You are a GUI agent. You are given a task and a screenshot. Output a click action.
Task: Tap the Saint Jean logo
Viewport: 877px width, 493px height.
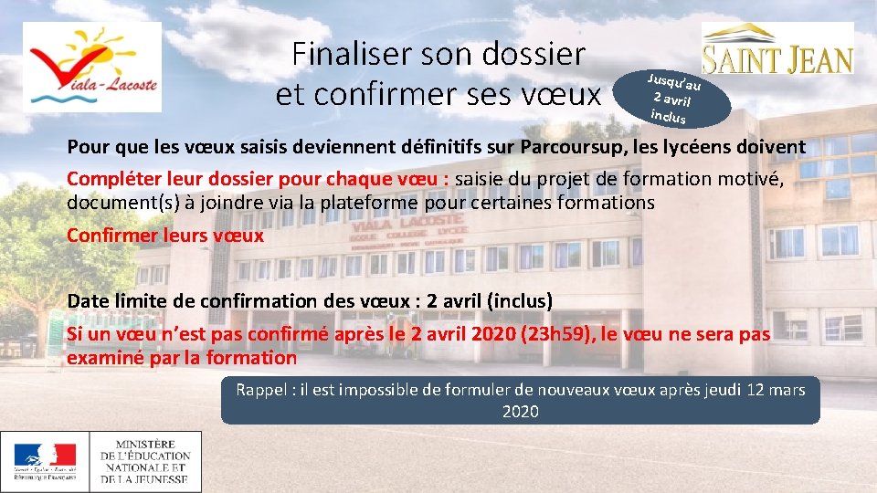[777, 50]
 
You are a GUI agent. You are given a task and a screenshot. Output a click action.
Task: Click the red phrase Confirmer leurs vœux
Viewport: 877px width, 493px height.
[165, 235]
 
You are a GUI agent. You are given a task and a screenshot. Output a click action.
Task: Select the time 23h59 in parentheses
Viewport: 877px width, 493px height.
[556, 334]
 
